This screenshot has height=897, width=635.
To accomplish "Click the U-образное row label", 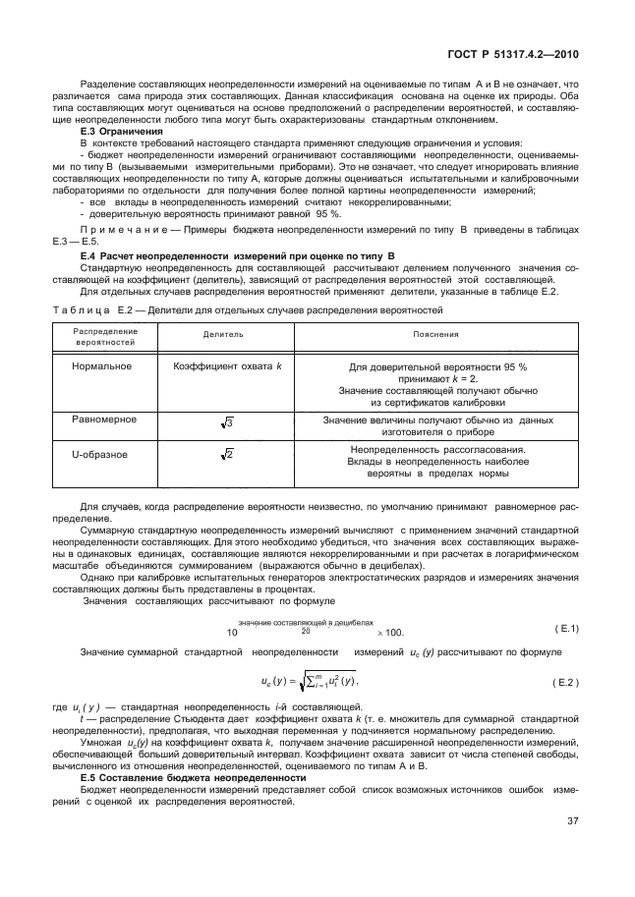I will coord(99,454).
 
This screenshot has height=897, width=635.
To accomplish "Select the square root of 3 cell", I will coord(226,421).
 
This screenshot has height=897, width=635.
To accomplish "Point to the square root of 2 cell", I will coord(226,455).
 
